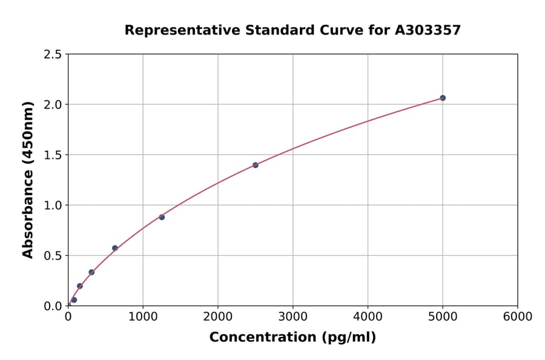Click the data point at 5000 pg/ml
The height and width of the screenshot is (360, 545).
(x=443, y=98)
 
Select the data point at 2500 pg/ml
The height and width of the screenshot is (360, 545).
(x=256, y=165)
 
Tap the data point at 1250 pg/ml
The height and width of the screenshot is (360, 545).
(x=162, y=217)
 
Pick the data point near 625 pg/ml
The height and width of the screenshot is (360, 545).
(x=115, y=248)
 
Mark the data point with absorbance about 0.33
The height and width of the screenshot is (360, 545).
(x=91, y=272)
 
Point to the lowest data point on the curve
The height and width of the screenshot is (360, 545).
(x=74, y=300)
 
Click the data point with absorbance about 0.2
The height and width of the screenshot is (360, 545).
(x=80, y=286)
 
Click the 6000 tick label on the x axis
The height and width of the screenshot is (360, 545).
(x=518, y=317)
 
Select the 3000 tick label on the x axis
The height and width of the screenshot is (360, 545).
(x=293, y=317)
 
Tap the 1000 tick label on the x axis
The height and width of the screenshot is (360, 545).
(x=143, y=317)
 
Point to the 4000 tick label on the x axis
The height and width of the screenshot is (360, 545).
(x=368, y=317)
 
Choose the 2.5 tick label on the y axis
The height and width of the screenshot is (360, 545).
(x=53, y=55)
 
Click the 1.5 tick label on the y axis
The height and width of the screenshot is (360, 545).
(x=53, y=155)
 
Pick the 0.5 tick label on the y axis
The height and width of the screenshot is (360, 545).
(x=53, y=256)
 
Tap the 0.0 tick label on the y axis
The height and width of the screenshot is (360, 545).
(x=53, y=306)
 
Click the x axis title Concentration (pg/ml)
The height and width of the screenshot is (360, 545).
(x=292, y=338)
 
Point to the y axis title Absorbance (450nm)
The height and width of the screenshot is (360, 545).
(x=28, y=179)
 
